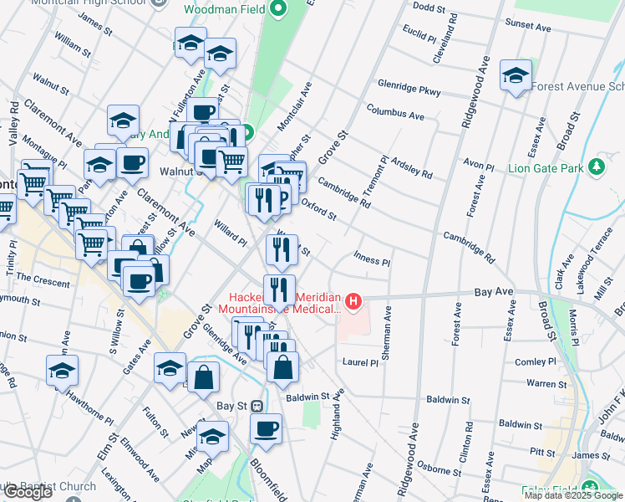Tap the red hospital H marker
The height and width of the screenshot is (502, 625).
(x=355, y=300)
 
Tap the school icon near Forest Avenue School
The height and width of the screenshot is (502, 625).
(x=516, y=75)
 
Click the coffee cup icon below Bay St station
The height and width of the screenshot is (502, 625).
(x=266, y=428)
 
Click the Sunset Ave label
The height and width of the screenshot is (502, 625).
(x=531, y=27)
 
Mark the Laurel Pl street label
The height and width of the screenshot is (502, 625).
(x=361, y=362)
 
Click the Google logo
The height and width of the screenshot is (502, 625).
(x=28, y=492)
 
